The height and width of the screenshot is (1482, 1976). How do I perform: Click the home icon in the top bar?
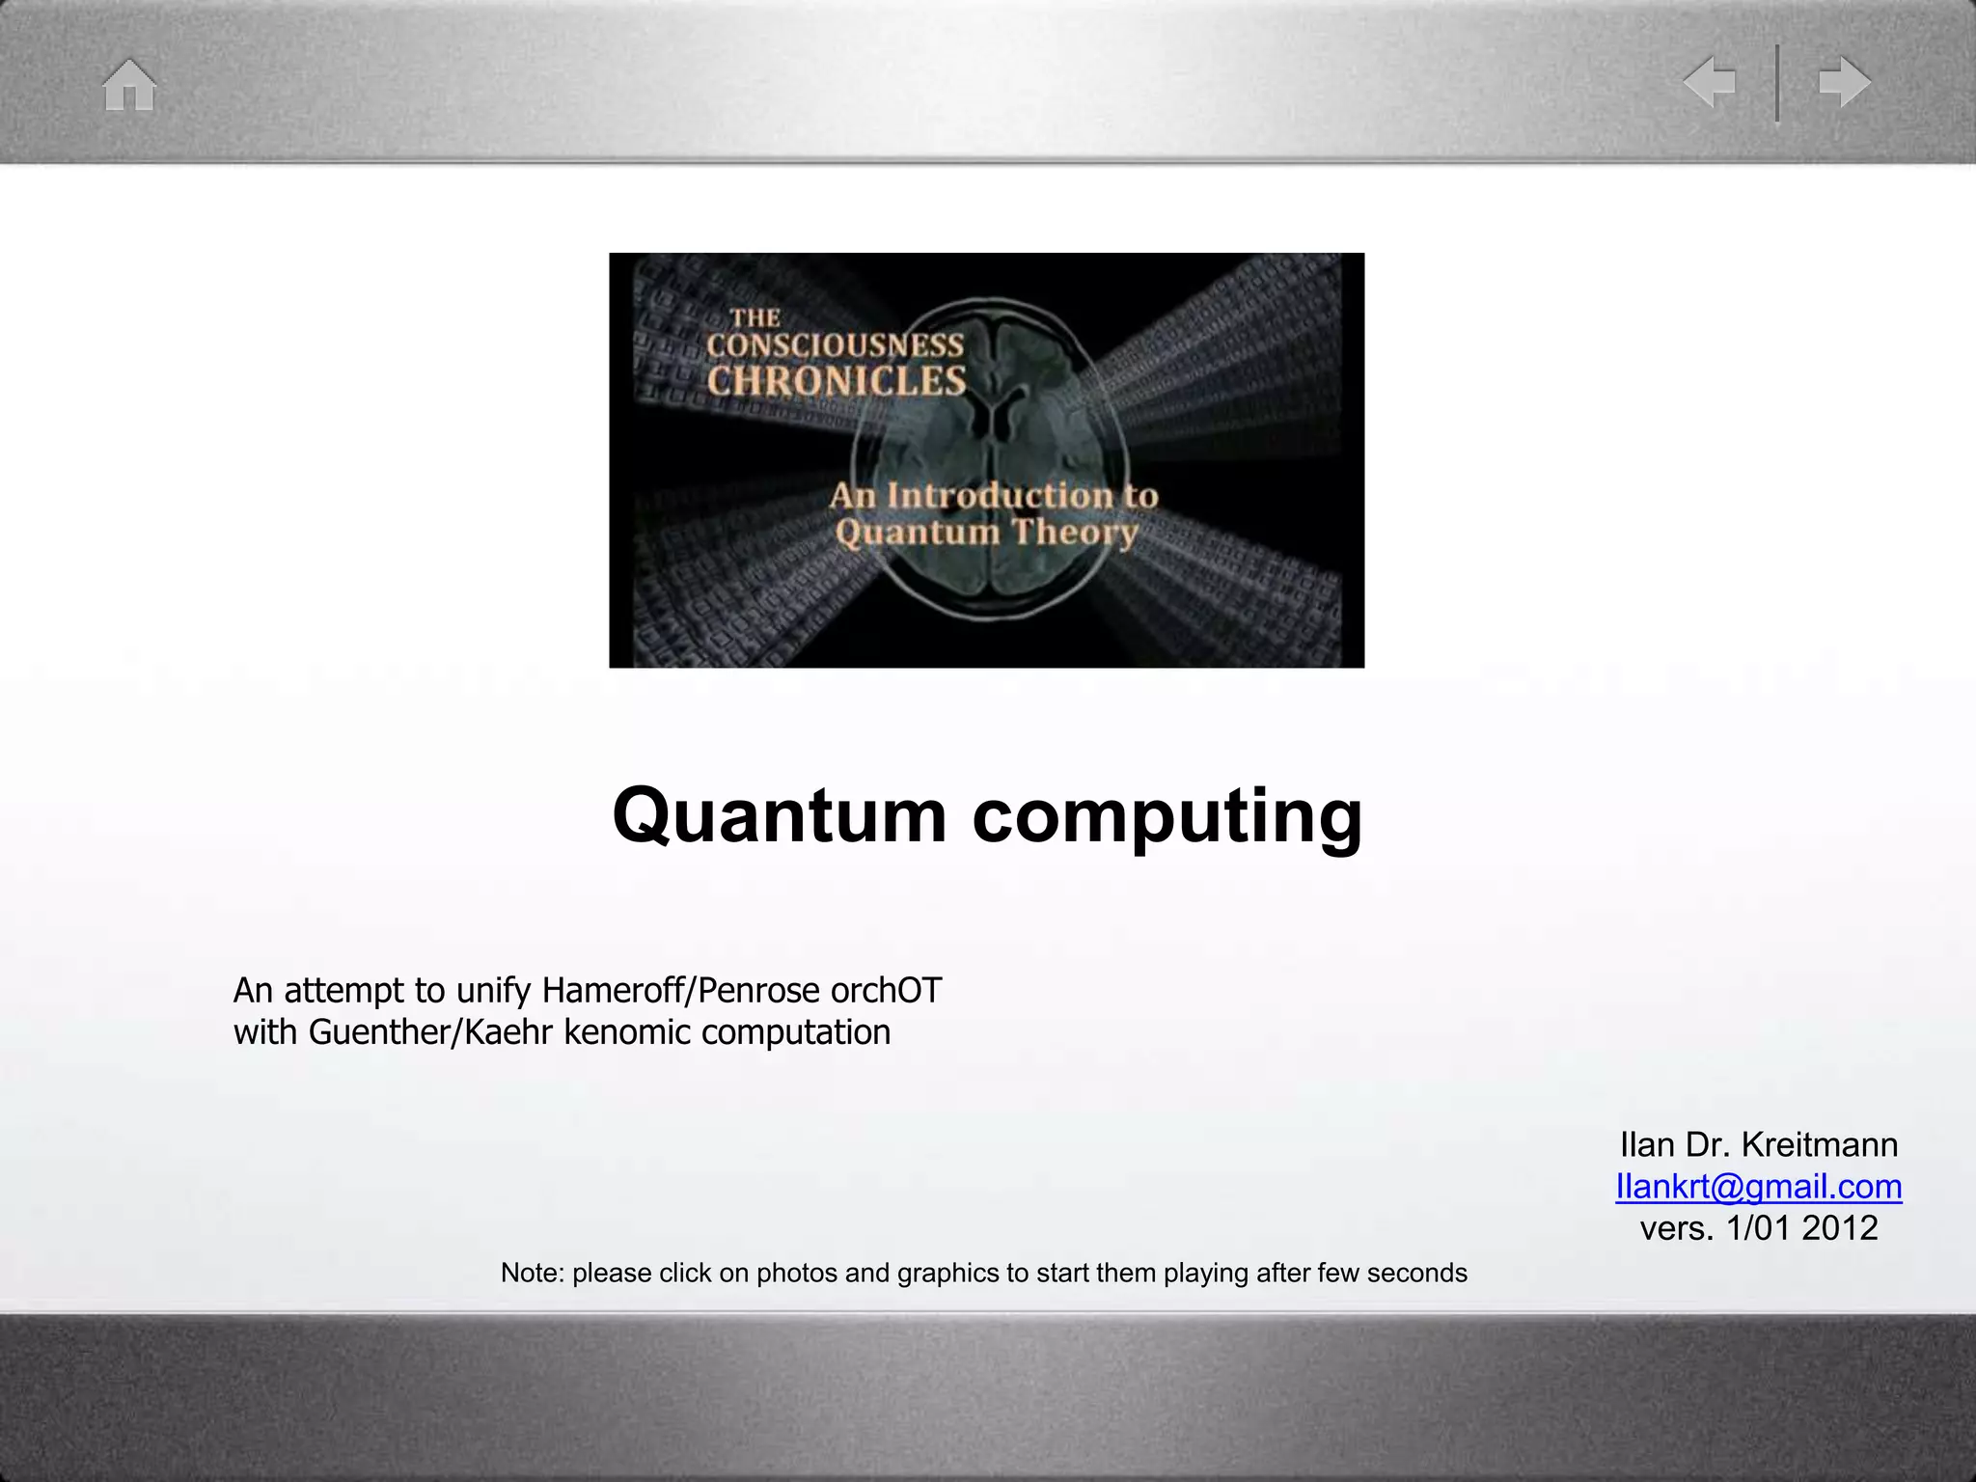(x=129, y=85)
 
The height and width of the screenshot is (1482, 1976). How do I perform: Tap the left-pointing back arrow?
(x=1709, y=82)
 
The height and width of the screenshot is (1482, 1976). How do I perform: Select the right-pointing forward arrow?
(x=1845, y=82)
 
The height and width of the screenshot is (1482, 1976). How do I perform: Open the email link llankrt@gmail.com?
(x=1758, y=1187)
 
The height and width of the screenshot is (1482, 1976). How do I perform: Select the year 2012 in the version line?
(x=1839, y=1228)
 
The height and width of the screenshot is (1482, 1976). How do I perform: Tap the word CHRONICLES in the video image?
(x=836, y=382)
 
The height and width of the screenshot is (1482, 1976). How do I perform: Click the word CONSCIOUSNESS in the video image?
(x=835, y=345)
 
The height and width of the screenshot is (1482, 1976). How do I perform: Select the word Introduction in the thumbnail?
(x=1000, y=496)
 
